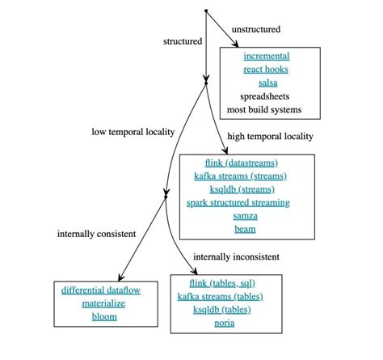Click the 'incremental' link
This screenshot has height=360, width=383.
(x=266, y=57)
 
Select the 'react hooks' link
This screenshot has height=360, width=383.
(x=266, y=70)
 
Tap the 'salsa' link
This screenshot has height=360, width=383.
(x=266, y=83)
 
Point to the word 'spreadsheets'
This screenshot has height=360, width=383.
(x=266, y=95)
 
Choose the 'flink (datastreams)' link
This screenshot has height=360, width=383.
(x=245, y=163)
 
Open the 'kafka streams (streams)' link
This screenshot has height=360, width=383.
(x=245, y=176)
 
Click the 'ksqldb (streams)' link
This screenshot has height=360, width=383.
(x=245, y=188)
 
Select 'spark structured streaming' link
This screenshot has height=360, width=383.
(x=245, y=202)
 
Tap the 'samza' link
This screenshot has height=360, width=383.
(x=245, y=215)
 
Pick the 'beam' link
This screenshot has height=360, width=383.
(x=245, y=229)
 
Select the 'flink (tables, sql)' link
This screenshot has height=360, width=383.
(x=225, y=283)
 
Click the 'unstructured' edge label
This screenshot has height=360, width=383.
(x=256, y=29)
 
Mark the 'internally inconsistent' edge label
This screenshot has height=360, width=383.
(x=236, y=256)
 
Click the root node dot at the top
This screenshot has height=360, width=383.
(x=206, y=11)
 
